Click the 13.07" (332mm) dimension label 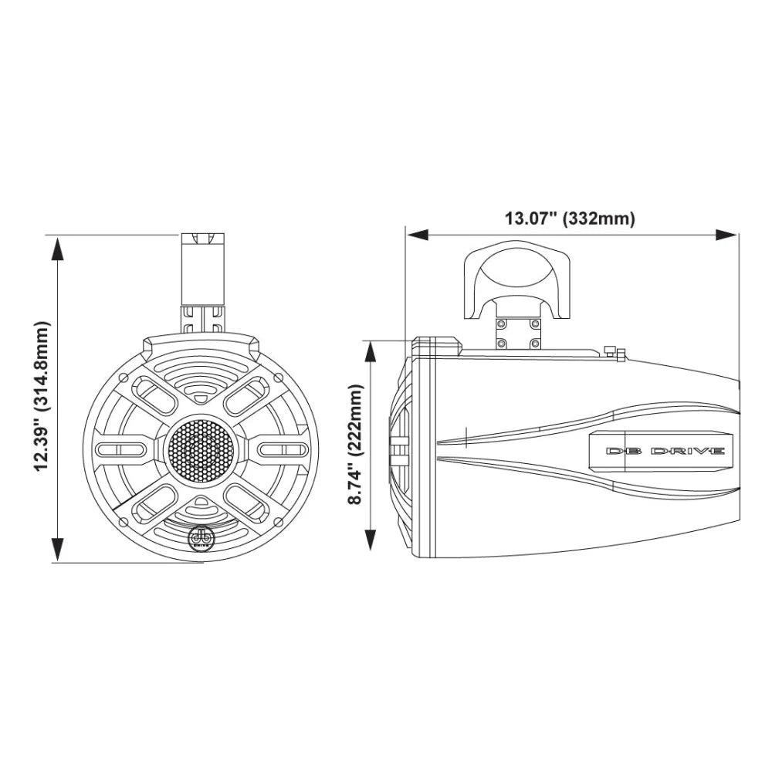tap(570, 218)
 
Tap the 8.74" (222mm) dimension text tap(356, 445)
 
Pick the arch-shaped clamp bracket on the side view tap(517, 282)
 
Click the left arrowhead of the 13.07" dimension tap(418, 234)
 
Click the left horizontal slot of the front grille tap(120, 449)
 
